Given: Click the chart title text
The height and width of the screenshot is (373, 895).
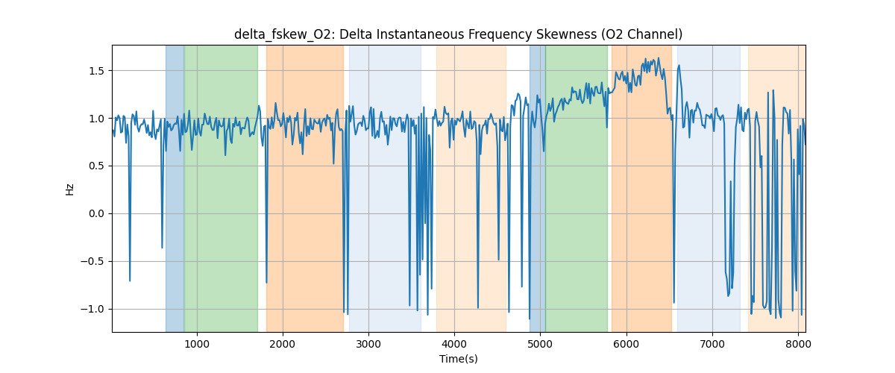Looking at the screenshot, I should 458,34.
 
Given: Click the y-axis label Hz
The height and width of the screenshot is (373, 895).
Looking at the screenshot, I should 70,189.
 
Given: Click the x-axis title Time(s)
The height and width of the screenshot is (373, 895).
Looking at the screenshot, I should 458,359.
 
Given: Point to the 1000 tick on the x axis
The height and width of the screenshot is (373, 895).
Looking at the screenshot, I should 197,344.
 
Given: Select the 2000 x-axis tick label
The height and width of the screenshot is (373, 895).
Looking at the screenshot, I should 283,344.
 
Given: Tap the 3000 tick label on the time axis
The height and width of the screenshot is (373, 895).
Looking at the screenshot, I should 368,344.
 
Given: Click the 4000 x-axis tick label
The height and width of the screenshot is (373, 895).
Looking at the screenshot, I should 454,344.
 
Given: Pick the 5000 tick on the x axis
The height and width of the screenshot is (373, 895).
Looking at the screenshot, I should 541,344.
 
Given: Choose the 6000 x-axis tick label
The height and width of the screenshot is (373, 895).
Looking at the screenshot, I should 626,344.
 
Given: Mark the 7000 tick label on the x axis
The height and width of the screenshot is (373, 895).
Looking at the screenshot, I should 712,344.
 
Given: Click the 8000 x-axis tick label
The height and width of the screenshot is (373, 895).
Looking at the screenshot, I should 798,344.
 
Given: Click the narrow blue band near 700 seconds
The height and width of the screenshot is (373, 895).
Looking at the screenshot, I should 175,186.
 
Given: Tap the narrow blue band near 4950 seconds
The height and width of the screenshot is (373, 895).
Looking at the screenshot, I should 537,186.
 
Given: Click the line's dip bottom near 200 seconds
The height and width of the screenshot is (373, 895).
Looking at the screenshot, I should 130,280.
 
